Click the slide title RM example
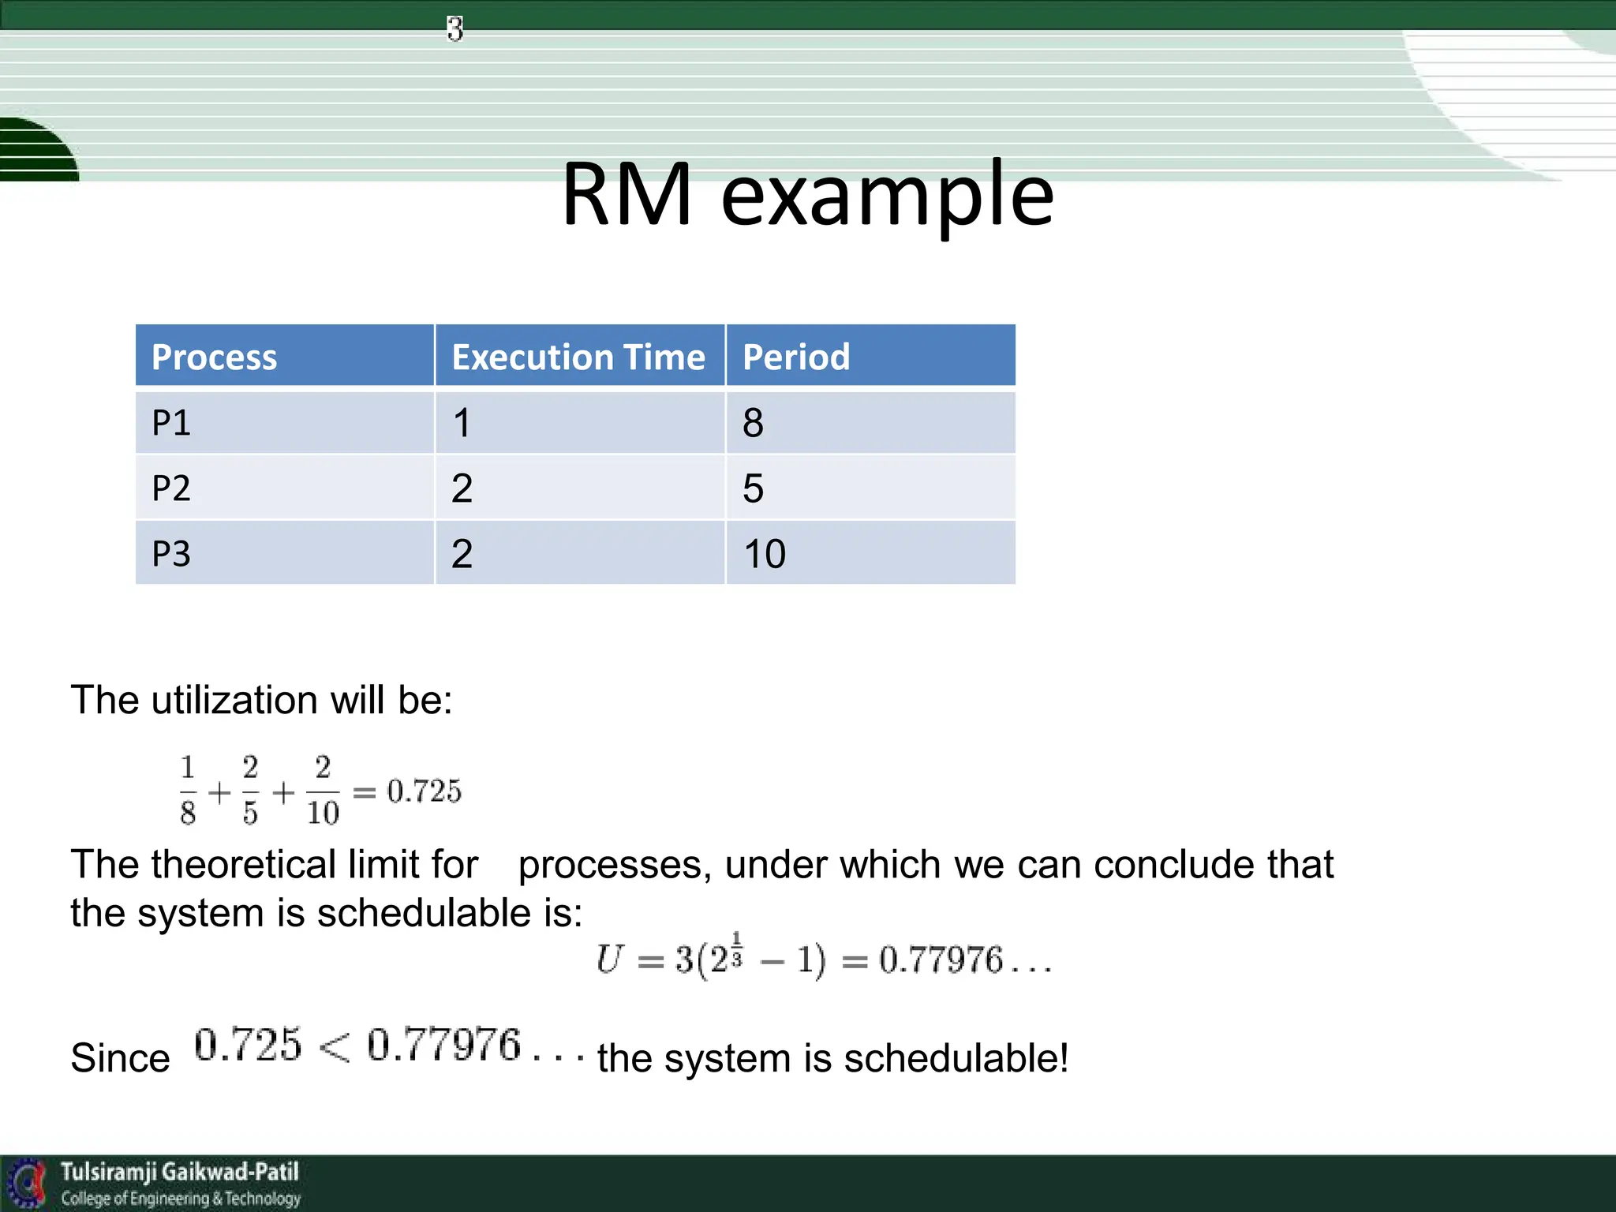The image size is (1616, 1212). coord(807,195)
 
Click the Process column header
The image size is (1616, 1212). coord(214,357)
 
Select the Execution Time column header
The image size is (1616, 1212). coord(578,357)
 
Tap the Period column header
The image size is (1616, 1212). coord(795,357)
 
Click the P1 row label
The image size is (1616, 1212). coord(171,423)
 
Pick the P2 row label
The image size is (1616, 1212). coord(171,488)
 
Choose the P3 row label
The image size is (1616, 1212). coord(171,554)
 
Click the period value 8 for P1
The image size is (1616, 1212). coord(753,423)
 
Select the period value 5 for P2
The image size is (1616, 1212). coord(753,488)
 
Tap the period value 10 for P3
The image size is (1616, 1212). coord(765,554)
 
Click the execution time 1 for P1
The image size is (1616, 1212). coord(462,423)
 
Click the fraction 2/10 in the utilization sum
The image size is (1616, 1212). coord(323,791)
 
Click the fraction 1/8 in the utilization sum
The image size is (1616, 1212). coord(188,791)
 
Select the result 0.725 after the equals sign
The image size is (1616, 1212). coord(424,791)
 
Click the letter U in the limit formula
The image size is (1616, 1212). coord(609,959)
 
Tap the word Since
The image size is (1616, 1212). coord(120,1058)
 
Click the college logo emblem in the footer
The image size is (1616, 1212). coord(27,1183)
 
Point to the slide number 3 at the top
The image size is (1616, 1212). coord(454,29)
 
